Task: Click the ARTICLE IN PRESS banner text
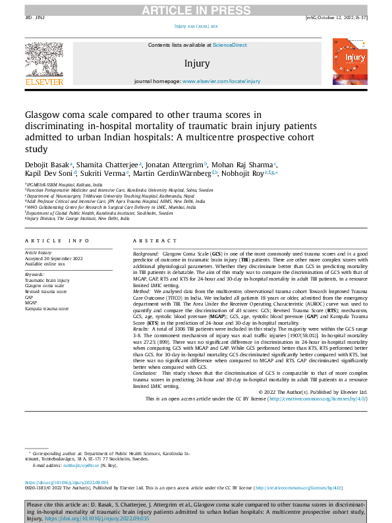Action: pyautogui.click(x=196, y=9)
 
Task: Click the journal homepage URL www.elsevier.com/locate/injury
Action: pyautogui.click(x=221, y=81)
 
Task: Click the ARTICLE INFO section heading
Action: pyautogui.click(x=57, y=242)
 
